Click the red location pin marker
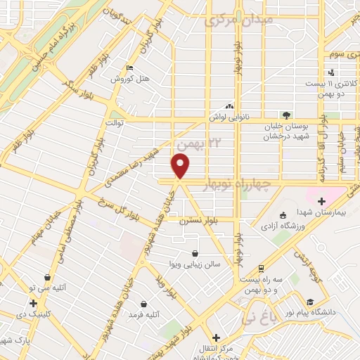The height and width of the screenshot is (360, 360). tap(181, 166)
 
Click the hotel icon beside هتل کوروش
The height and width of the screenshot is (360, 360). tap(129, 68)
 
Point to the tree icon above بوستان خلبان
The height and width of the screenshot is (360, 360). tap(285, 115)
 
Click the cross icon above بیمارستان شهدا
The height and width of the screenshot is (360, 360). tap(322, 202)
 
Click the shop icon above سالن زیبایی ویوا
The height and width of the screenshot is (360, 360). tap(195, 254)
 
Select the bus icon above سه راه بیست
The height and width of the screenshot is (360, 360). tap(261, 268)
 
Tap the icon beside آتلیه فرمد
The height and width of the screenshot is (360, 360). tap(143, 304)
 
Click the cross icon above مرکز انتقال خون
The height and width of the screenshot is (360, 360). tap(217, 337)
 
